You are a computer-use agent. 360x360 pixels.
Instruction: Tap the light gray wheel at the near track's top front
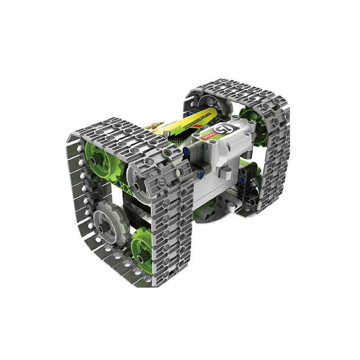tap(142, 178)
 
